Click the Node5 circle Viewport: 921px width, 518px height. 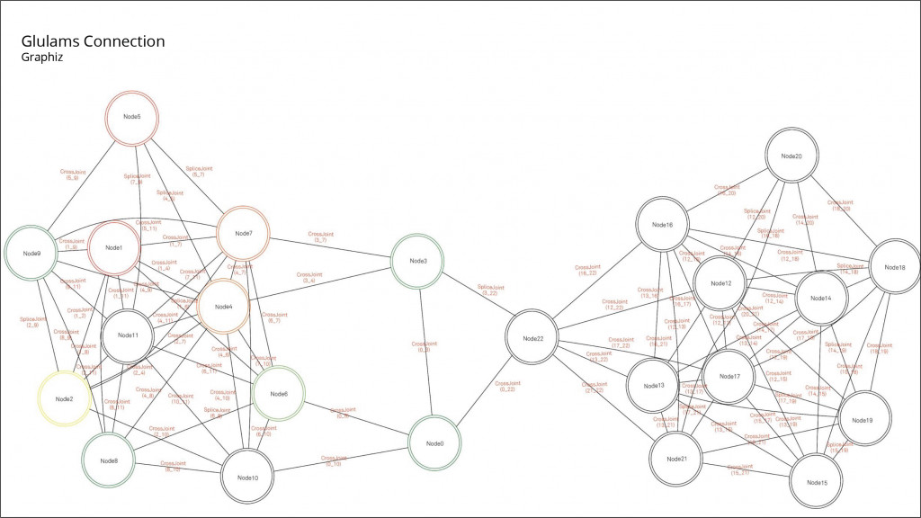(132, 117)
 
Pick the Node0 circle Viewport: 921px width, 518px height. (435, 443)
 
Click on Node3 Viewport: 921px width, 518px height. (418, 261)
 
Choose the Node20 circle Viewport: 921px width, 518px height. (791, 156)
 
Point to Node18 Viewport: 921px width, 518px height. (895, 267)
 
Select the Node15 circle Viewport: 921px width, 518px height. (818, 483)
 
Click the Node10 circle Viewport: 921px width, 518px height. (248, 477)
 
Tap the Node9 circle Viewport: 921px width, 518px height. (31, 254)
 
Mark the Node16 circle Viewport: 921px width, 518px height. (663, 225)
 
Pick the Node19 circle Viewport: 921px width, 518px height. (862, 420)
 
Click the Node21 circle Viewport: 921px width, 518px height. (677, 459)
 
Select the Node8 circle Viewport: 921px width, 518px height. (110, 460)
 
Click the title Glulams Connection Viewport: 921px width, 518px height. (93, 41)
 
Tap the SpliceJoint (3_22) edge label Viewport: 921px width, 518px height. (489, 290)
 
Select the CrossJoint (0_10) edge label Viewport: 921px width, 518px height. (334, 460)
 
